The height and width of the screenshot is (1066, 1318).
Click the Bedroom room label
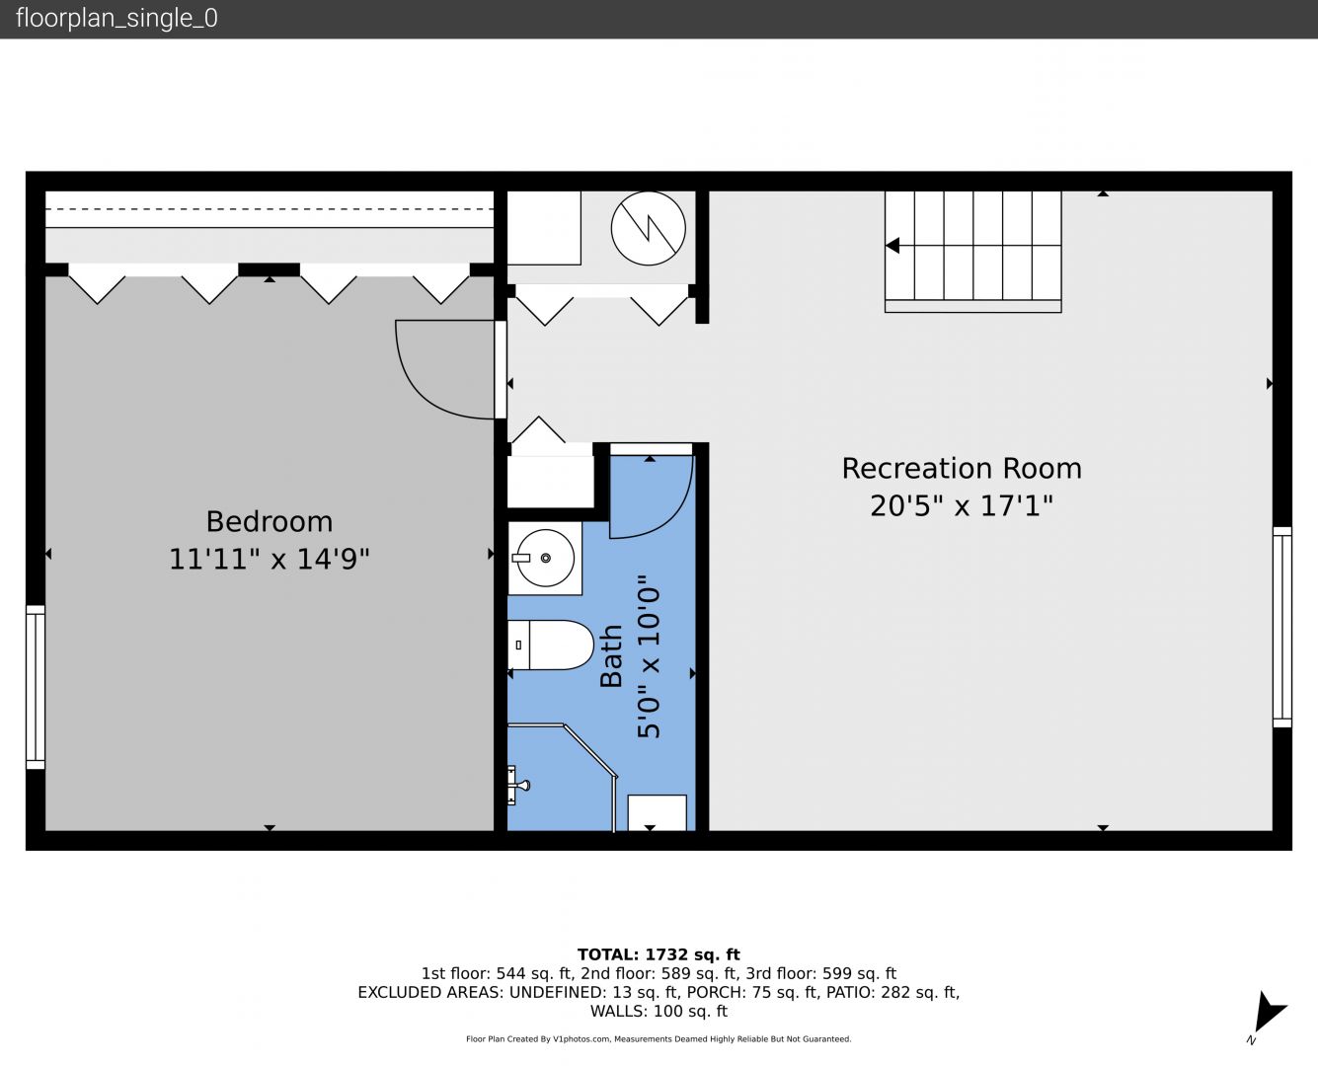pos(270,521)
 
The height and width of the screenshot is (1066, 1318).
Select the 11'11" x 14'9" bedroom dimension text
pos(270,560)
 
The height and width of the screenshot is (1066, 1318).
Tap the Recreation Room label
pos(962,468)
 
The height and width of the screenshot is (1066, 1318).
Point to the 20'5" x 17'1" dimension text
pos(962,506)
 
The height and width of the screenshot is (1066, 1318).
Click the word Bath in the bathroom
pos(611,656)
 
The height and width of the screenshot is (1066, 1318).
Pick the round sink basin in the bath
pos(545,558)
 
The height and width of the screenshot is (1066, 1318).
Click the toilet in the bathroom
pos(550,646)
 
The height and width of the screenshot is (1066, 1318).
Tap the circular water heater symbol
pos(648,228)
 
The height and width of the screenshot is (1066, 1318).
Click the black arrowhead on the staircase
pos(892,246)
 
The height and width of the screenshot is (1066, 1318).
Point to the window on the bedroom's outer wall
pos(36,687)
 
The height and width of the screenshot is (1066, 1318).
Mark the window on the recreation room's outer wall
pos(1282,627)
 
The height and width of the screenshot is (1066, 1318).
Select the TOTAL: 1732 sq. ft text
pos(659,954)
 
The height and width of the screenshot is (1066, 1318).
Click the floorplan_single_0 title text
pos(116,19)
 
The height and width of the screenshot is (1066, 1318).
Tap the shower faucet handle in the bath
pos(518,786)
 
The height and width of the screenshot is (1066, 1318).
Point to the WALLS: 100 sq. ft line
pos(659,1012)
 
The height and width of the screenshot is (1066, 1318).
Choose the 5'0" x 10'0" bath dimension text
pos(649,656)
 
